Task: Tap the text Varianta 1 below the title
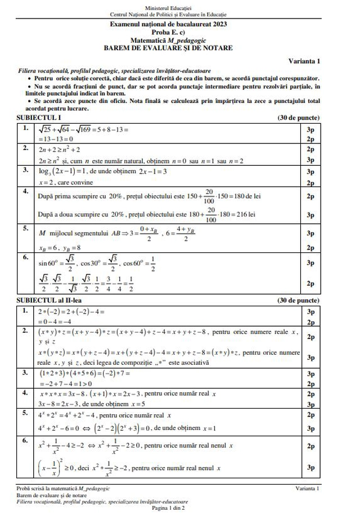[x=304, y=61]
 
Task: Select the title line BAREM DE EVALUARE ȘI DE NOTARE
[x=168, y=48]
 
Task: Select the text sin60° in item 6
[x=48, y=262]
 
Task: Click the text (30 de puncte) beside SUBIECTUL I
[x=298, y=118]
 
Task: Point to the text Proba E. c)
[x=168, y=33]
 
